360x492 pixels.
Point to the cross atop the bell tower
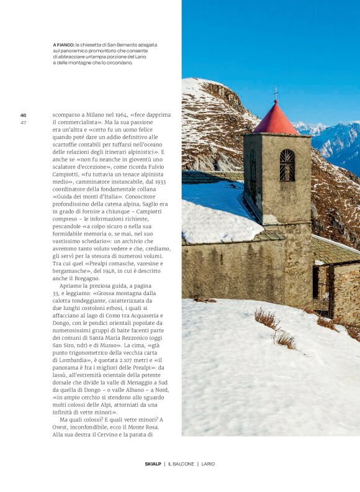tap(276, 93)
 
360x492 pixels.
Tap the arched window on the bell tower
tap(287, 165)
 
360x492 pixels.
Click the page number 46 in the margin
tap(23, 115)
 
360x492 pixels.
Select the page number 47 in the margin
tap(23, 122)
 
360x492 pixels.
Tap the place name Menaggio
tap(132, 381)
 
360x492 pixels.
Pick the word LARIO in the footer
tap(208, 463)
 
